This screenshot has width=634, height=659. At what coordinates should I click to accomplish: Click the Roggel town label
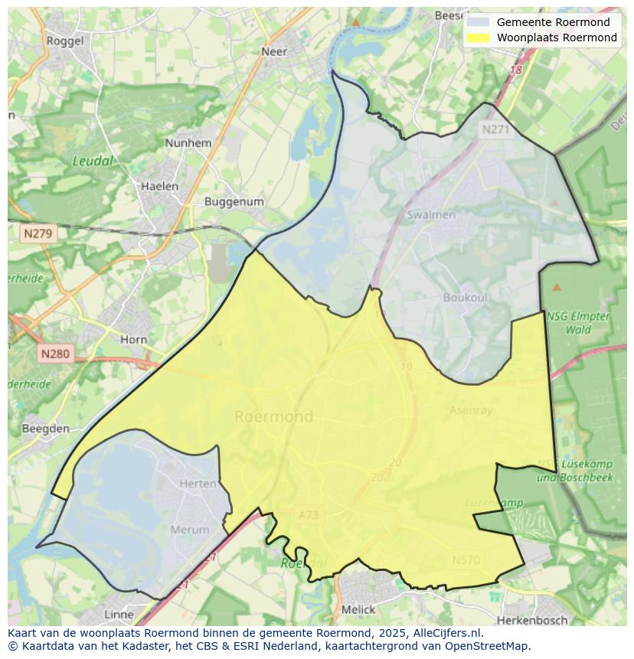(x=65, y=41)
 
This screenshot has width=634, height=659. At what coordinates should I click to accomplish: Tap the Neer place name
(x=274, y=51)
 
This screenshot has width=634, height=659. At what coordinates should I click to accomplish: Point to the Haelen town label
(x=159, y=186)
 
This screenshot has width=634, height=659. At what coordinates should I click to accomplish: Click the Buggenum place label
(x=234, y=202)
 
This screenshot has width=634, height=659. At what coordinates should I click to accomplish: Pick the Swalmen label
(x=431, y=215)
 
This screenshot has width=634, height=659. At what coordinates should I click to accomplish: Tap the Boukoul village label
(x=465, y=297)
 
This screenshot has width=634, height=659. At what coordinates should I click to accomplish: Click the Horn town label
(x=134, y=339)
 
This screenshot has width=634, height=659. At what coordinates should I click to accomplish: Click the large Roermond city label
(x=273, y=416)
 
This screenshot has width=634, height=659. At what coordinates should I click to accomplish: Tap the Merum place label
(x=189, y=530)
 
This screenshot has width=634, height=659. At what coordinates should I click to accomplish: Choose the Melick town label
(x=358, y=610)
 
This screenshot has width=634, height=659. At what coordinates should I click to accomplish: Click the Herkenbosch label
(x=532, y=619)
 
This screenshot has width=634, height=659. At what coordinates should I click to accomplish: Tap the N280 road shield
(x=54, y=354)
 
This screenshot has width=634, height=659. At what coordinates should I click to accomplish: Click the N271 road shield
(x=495, y=129)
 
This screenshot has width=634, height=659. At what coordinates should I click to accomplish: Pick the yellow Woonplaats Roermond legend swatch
(x=478, y=38)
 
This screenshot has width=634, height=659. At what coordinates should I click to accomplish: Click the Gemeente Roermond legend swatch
(x=478, y=22)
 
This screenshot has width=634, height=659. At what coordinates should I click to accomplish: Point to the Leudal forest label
(x=93, y=161)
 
